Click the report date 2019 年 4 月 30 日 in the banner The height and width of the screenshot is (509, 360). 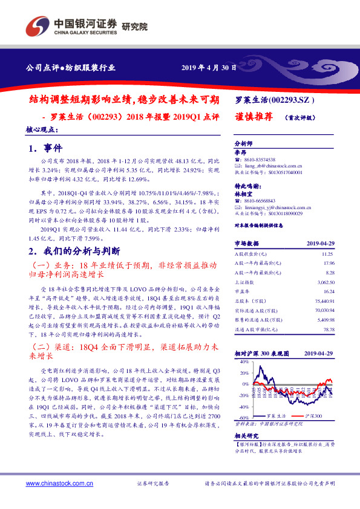[x=209, y=68]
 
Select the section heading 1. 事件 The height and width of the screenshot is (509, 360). [x=45, y=148]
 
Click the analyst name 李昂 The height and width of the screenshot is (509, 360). [x=241, y=153]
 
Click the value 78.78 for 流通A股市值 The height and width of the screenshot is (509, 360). [x=328, y=329]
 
